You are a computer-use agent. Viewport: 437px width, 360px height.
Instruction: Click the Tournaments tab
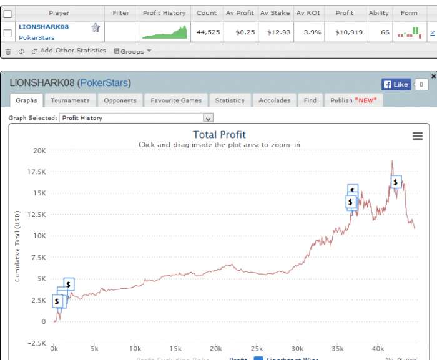(x=70, y=100)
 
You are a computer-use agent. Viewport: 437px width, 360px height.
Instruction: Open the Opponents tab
(x=120, y=100)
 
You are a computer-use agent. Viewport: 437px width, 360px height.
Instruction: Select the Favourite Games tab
(x=175, y=100)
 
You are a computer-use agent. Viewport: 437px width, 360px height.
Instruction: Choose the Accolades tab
(x=274, y=100)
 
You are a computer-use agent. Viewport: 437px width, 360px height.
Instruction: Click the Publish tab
(x=353, y=100)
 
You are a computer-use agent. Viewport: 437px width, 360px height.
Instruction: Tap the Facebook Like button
(x=395, y=84)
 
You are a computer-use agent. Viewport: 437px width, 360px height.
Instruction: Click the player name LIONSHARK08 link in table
(x=44, y=27)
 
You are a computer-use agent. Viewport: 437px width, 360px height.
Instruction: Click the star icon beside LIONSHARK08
(x=96, y=27)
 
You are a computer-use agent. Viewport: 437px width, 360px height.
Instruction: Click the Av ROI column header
(x=309, y=12)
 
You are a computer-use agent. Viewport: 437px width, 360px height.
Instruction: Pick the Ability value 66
(x=385, y=32)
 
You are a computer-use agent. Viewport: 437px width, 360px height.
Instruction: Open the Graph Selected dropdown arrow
(x=209, y=117)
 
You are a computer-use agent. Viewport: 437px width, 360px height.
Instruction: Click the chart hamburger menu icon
(x=418, y=137)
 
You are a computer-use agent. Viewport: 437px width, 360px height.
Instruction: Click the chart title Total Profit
(x=219, y=135)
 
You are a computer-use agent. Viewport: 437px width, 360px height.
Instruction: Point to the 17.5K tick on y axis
(x=39, y=172)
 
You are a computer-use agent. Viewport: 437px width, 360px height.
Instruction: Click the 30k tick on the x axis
(x=298, y=348)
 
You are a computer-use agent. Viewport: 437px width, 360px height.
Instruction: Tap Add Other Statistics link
(x=72, y=51)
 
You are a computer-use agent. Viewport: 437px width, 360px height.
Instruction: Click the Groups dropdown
(x=132, y=51)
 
